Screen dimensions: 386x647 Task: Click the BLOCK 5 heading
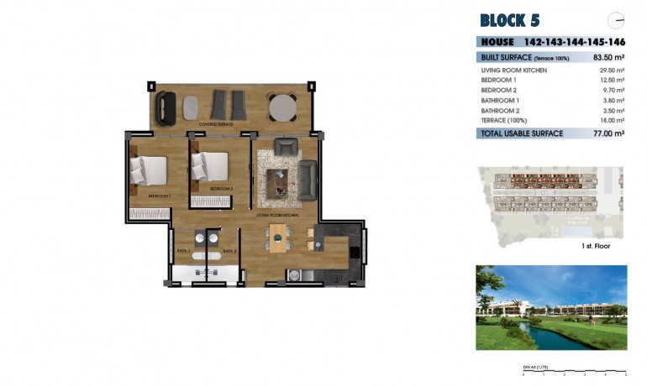(510, 20)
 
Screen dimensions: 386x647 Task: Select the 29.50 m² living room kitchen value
(610, 70)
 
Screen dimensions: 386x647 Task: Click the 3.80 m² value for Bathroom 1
(613, 100)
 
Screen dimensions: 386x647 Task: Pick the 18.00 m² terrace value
(612, 120)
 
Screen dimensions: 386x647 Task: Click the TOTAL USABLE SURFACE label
(521, 133)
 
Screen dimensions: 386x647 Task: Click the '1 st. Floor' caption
(595, 246)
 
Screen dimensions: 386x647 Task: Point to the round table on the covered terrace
(282, 107)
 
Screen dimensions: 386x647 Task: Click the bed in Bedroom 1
(150, 170)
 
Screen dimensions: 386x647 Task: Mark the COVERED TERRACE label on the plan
(216, 124)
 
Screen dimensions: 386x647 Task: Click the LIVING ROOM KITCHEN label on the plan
(278, 215)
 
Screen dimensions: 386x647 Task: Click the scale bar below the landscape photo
(574, 371)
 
